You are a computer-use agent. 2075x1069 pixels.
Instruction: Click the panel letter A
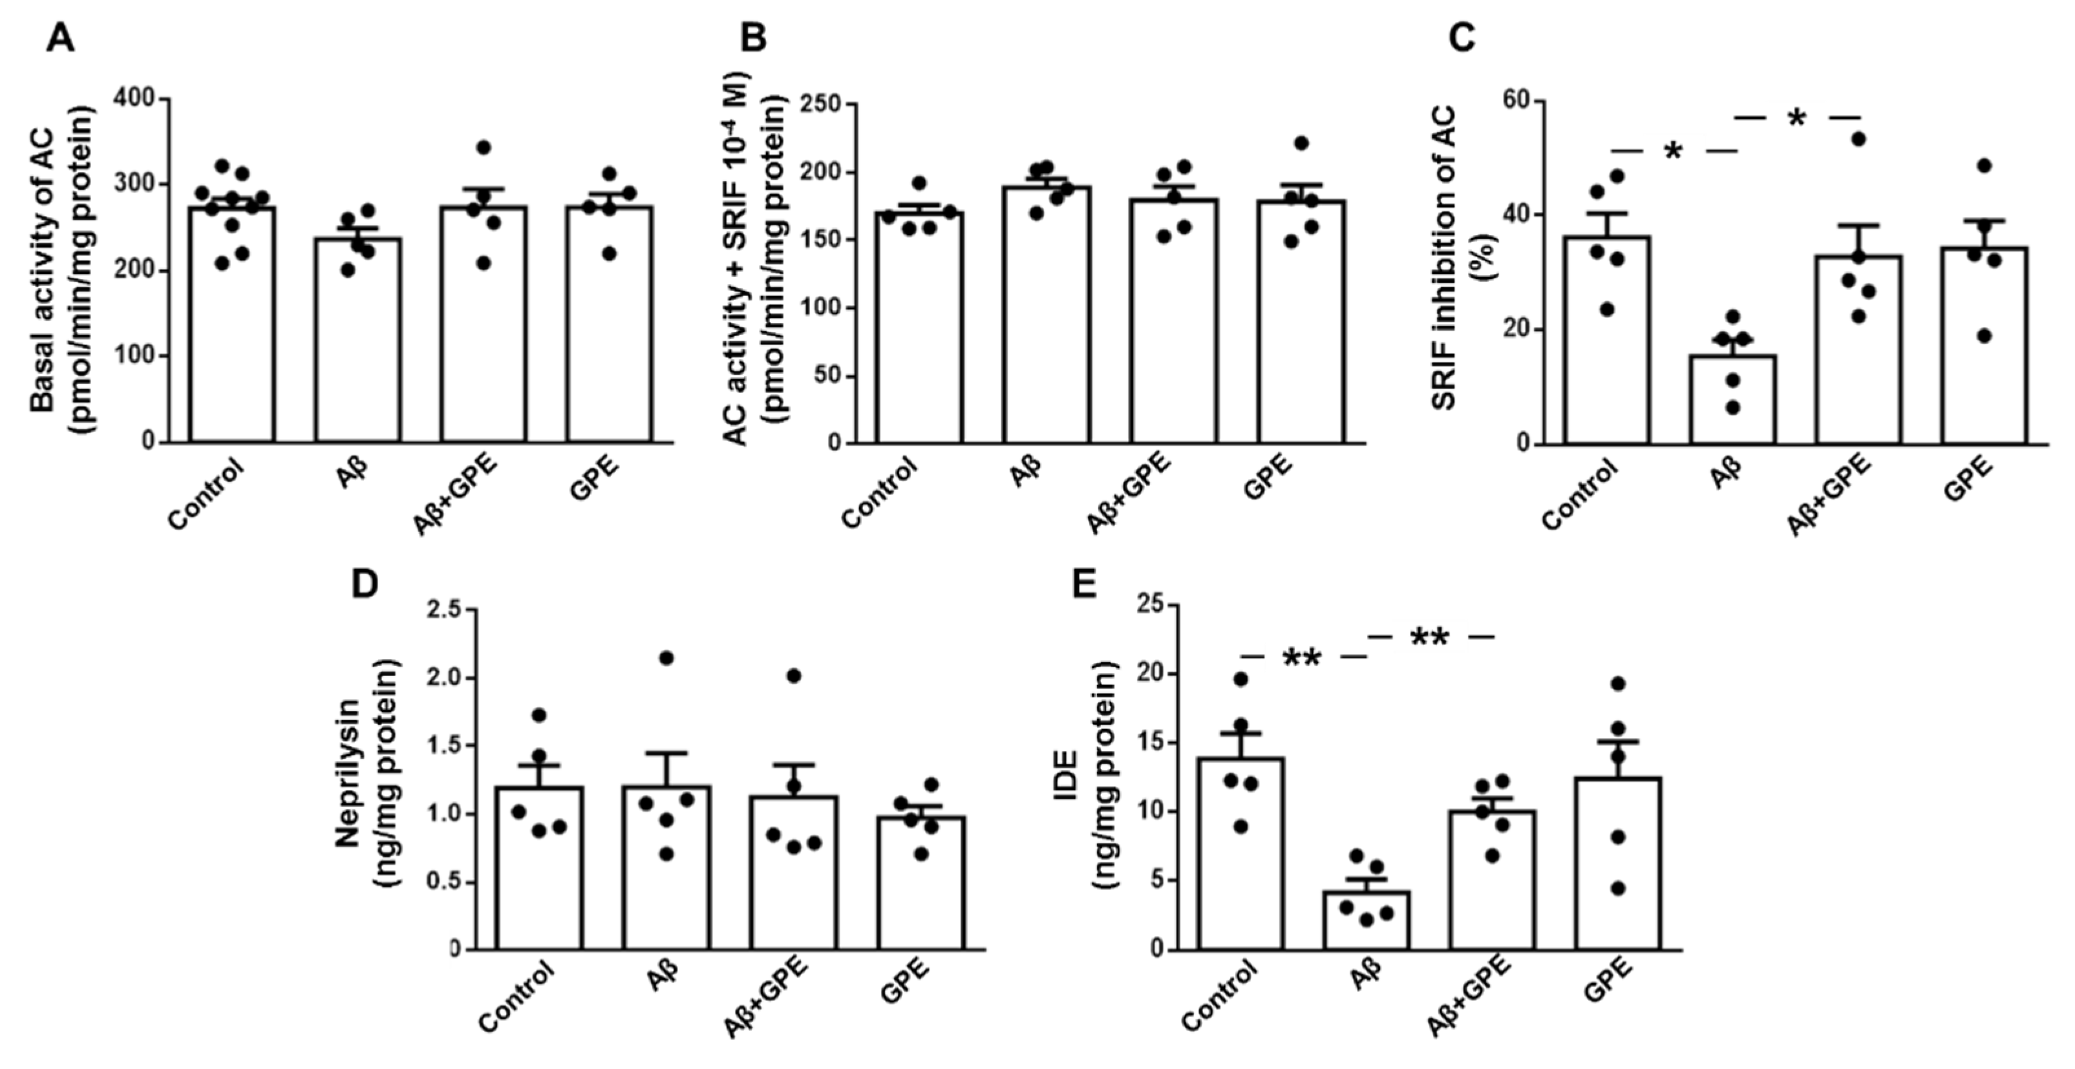click(60, 38)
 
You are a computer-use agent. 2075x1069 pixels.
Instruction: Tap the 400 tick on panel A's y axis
click(133, 98)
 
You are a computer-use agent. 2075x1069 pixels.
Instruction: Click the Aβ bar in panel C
click(1732, 403)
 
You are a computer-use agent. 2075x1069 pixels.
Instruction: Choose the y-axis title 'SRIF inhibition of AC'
click(1446, 274)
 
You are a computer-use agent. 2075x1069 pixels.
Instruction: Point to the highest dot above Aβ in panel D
click(666, 658)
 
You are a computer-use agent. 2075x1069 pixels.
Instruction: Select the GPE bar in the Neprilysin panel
click(920, 886)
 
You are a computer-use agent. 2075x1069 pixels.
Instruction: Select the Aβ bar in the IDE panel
click(1366, 922)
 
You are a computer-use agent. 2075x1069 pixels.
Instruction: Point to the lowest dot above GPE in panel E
click(1617, 889)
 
